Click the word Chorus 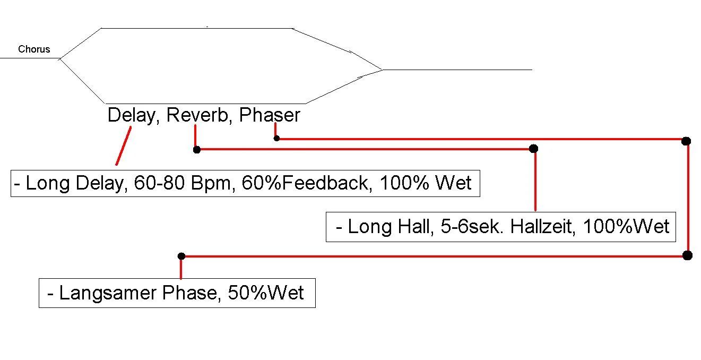coord(34,49)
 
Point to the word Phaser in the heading coord(270,115)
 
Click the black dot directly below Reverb coord(197,150)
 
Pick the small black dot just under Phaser coord(276,138)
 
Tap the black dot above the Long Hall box coord(534,149)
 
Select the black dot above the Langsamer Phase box coord(181,256)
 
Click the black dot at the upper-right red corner coord(686,141)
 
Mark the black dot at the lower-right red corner coord(687,255)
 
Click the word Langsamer coord(108,293)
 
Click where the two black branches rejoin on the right coord(382,70)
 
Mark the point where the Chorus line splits coord(59,58)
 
